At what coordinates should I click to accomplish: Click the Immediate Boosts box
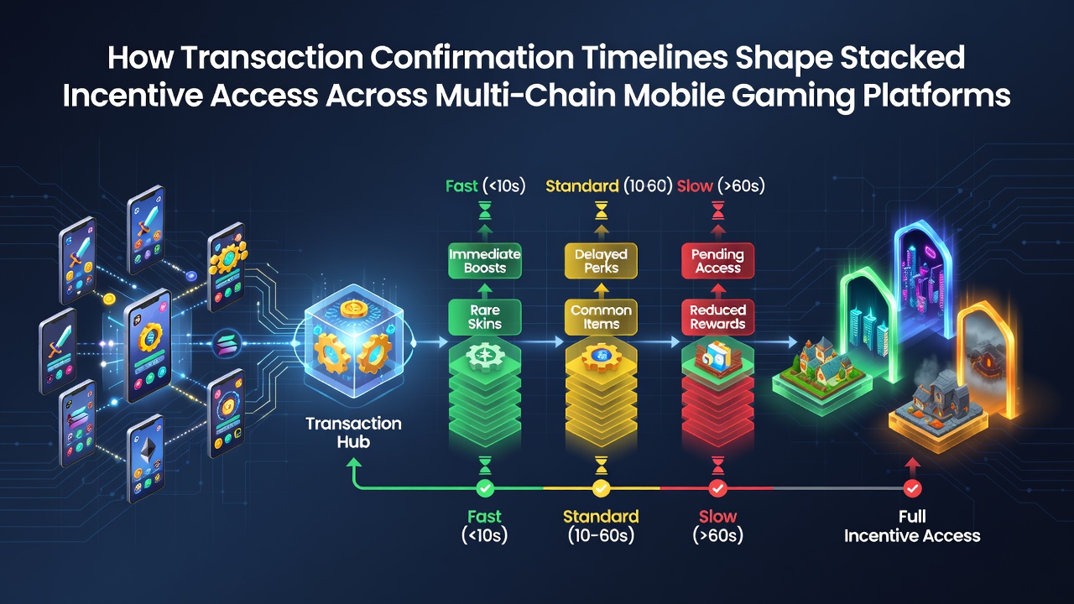[485, 261]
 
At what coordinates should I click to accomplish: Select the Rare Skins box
[485, 317]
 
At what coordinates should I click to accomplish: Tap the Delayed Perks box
[602, 261]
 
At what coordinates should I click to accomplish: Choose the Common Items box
[602, 317]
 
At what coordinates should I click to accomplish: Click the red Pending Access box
[717, 261]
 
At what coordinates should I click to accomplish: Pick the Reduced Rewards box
[717, 317]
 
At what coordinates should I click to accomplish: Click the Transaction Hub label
[354, 432]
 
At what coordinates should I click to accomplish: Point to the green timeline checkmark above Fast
[485, 488]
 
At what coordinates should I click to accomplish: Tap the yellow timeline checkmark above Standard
[602, 488]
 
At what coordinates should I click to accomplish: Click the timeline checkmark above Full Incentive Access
[912, 488]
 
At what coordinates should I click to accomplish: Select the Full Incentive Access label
[912, 526]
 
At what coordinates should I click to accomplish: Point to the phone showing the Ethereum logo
[146, 459]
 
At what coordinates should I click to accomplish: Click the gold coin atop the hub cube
[354, 309]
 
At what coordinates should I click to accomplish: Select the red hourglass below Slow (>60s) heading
[717, 211]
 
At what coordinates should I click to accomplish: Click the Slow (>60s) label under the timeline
[717, 526]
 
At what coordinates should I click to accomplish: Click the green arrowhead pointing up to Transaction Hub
[354, 462]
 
